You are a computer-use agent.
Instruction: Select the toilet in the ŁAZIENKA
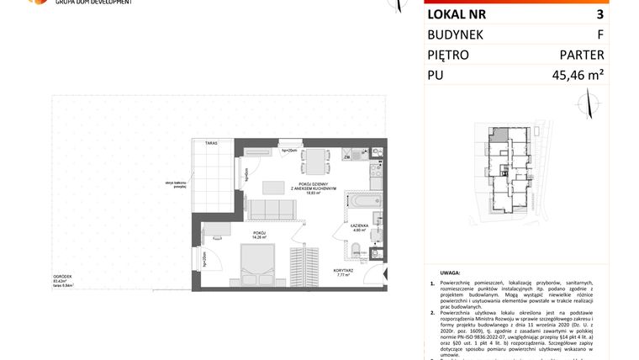[x=356, y=249]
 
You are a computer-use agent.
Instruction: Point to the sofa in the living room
[x=267, y=209]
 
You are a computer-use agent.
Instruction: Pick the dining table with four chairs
[x=316, y=159]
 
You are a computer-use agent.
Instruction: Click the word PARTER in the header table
[x=582, y=55]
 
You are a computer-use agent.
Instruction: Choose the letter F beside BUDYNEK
[x=599, y=34]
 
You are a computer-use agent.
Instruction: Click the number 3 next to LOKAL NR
[x=599, y=14]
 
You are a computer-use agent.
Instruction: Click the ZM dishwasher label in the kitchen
[x=346, y=157]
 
